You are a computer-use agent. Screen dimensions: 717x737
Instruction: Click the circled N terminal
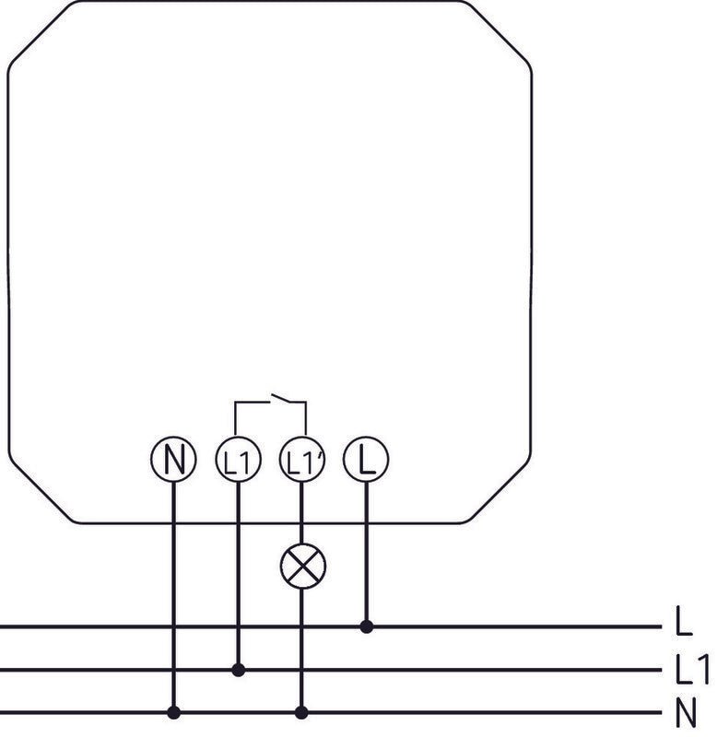tap(173, 459)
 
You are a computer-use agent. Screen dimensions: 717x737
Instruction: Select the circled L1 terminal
tap(239, 459)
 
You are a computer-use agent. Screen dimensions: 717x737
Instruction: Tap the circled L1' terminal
tap(302, 459)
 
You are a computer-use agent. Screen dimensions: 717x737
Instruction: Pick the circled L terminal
tap(366, 459)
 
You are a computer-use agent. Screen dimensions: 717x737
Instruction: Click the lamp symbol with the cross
tap(302, 566)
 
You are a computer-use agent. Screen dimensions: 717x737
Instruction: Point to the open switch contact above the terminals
tap(281, 398)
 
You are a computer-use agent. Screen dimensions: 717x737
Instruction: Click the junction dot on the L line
tap(367, 626)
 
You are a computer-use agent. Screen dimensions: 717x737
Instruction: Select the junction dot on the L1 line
tap(239, 670)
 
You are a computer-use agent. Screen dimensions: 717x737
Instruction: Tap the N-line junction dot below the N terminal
tap(174, 712)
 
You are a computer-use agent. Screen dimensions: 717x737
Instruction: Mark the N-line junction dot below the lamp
tap(302, 712)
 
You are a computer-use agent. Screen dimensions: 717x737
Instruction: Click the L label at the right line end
tap(684, 621)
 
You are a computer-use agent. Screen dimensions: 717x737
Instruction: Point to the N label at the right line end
tap(686, 712)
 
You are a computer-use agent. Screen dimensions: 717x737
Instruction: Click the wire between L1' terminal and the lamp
tap(302, 512)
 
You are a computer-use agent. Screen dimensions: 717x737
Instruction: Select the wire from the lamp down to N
tap(302, 650)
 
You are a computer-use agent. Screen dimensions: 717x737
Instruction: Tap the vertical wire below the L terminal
tap(367, 554)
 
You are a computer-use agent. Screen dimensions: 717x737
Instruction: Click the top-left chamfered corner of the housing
tap(40, 34)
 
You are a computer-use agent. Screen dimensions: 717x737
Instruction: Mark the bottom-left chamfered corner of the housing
tap(41, 489)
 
